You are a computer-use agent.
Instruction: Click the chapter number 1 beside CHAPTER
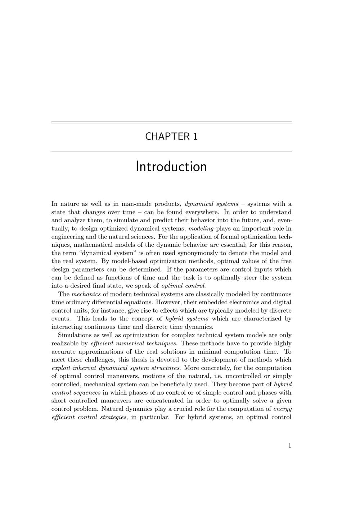click(x=195, y=137)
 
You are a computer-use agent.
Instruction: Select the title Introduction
click(x=171, y=167)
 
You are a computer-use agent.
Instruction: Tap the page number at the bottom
click(x=289, y=446)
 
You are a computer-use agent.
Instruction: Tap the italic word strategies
click(x=110, y=417)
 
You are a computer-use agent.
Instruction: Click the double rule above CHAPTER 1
click(x=171, y=123)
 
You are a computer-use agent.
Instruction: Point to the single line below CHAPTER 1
click(x=171, y=151)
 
